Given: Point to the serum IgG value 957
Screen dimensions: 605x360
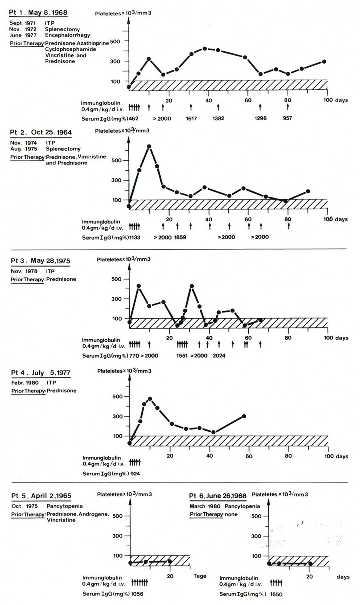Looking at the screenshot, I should (x=286, y=118).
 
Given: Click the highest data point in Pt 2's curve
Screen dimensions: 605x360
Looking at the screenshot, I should (x=149, y=146).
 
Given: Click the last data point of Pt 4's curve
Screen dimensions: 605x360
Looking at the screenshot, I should (x=244, y=416).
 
